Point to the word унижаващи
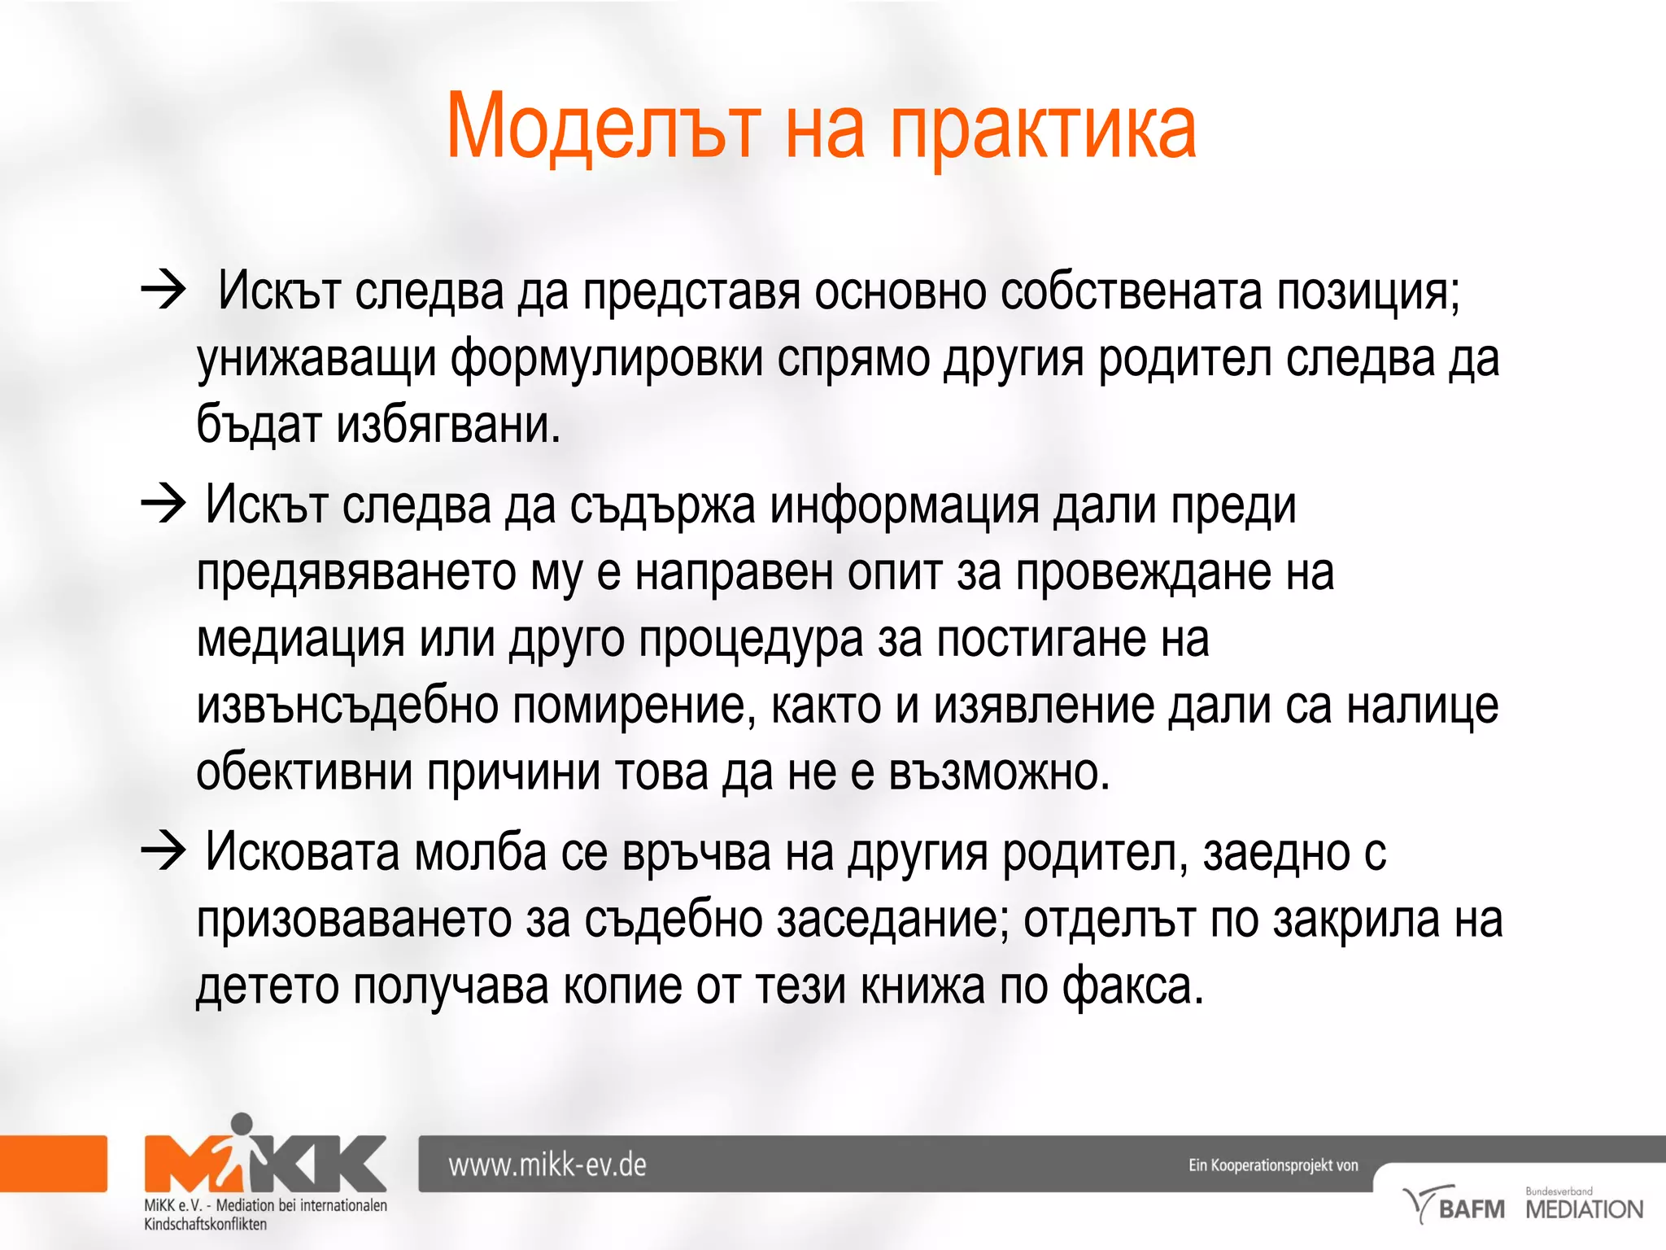316,360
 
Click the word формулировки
606,360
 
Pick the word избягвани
448,425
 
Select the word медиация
300,640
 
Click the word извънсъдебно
347,706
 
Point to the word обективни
304,771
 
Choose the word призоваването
353,920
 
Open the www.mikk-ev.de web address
547,1165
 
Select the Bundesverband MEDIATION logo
1583,1205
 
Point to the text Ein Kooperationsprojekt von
1273,1165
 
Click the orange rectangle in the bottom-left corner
53,1164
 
